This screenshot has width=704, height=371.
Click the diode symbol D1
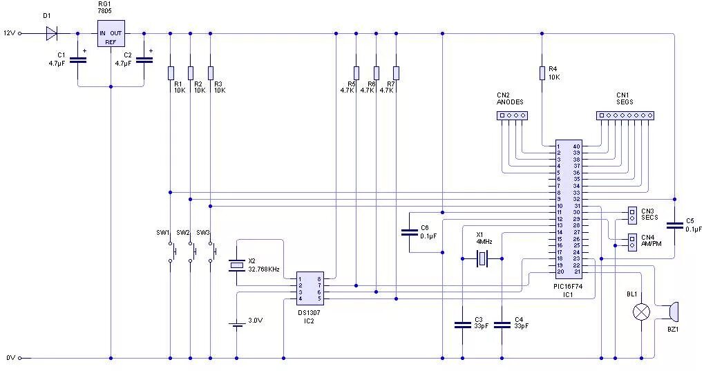(51, 32)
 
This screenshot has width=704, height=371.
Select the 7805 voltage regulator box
(111, 33)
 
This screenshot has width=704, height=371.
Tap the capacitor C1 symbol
(78, 60)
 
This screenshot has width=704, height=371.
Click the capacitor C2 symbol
(144, 60)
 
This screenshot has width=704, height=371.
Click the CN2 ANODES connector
(511, 115)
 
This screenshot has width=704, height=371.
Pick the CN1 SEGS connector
(625, 115)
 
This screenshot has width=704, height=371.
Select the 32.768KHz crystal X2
(237, 265)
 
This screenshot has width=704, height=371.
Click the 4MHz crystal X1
(482, 259)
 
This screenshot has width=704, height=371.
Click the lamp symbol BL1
(642, 312)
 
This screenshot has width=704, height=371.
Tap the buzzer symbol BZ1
(672, 312)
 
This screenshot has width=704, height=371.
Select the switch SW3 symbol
(211, 251)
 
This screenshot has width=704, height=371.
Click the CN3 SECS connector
(631, 215)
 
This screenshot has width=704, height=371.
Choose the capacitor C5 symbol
(674, 225)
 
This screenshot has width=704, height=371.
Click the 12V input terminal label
(8, 32)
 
